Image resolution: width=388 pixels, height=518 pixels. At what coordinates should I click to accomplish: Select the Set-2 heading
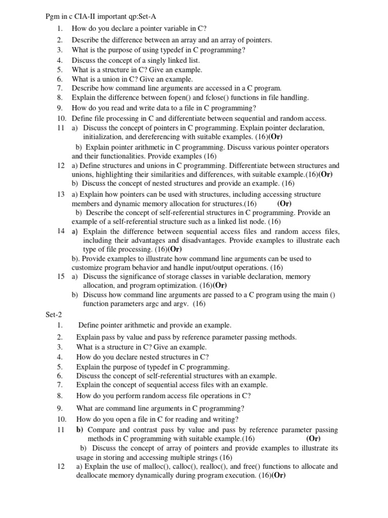click(53, 314)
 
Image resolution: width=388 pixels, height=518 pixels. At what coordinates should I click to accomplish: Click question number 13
click(61, 194)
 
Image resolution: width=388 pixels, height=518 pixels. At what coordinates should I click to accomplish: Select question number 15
click(61, 277)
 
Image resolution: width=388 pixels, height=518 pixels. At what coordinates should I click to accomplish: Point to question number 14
click(61, 231)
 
